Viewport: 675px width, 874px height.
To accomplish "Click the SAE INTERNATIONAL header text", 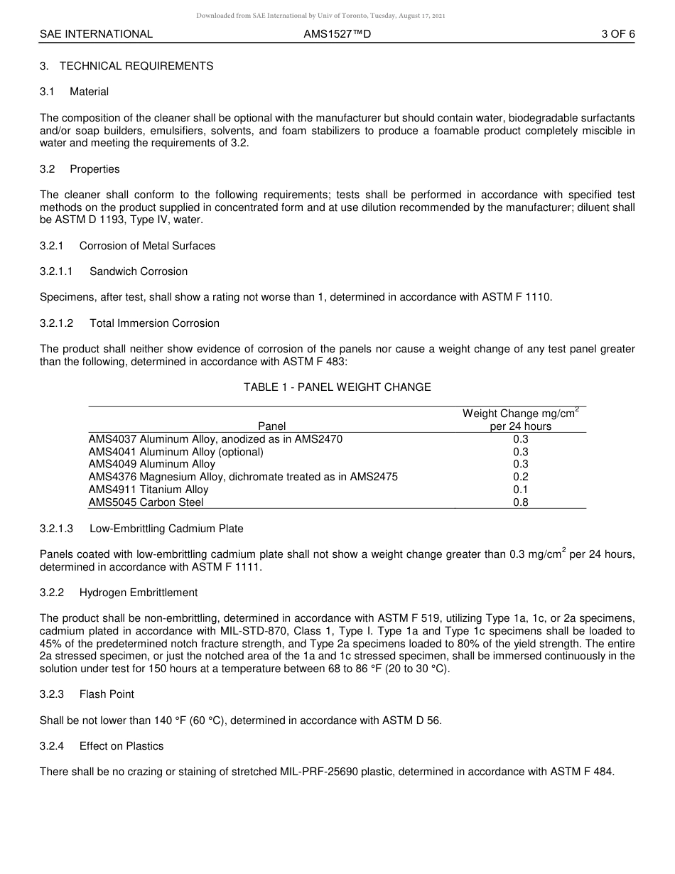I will point(96,34).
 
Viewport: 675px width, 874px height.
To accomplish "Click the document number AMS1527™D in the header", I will point(337,34).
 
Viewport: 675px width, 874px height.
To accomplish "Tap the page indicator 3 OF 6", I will point(617,34).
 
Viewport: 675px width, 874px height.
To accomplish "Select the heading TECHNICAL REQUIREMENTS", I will point(136,66).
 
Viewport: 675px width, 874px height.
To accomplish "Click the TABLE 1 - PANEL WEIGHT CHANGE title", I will point(337,387).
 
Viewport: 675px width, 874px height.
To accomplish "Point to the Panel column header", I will point(271,426).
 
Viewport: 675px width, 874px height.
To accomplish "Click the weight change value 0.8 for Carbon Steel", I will point(520,502).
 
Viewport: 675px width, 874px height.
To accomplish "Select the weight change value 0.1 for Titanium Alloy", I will point(520,490).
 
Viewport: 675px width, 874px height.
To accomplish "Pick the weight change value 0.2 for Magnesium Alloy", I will point(520,477).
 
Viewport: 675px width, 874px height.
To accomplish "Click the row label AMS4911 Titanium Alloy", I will point(148,490).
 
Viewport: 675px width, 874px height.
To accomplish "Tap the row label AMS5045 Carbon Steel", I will point(146,502).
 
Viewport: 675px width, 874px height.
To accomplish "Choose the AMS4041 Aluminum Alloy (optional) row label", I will point(175,452).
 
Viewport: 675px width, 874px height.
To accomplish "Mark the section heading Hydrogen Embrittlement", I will point(139,593).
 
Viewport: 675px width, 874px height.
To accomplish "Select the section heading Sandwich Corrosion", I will point(139,271).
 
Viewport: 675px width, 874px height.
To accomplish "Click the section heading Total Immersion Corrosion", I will point(154,323).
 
